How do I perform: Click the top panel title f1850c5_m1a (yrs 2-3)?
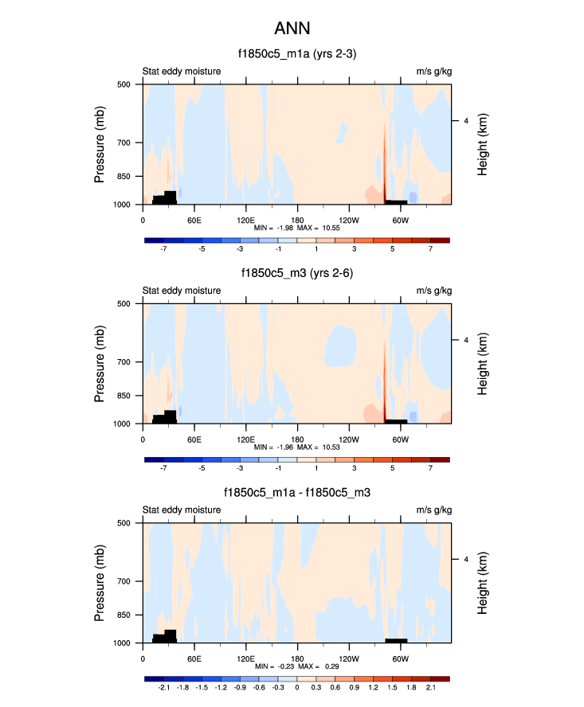[x=296, y=54]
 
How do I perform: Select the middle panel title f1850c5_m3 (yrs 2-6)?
[x=297, y=273]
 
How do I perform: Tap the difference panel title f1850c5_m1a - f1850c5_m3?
[x=296, y=493]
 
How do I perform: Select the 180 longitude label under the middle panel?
[x=297, y=439]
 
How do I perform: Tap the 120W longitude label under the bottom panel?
[x=348, y=658]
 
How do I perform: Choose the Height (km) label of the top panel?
[x=483, y=144]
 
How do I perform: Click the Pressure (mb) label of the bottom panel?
[x=100, y=583]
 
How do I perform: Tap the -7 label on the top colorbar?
[x=164, y=248]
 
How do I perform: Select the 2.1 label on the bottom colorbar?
[x=430, y=687]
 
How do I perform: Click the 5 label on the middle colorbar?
[x=392, y=468]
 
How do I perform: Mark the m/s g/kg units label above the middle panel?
[x=433, y=291]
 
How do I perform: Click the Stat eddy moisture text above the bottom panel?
[x=182, y=511]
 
